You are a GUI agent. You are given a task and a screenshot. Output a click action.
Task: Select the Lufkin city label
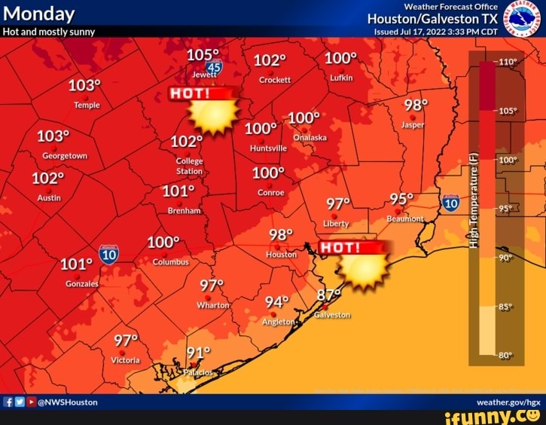(341, 78)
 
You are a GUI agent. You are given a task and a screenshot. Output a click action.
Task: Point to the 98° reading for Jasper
(416, 105)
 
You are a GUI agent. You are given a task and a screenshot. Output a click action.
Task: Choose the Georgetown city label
(65, 156)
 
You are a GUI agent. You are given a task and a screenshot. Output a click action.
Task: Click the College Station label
(189, 166)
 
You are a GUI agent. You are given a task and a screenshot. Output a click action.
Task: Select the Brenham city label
(184, 211)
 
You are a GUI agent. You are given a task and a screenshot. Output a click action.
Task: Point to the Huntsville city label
(268, 148)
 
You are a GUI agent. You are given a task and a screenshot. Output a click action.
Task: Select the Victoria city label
(125, 360)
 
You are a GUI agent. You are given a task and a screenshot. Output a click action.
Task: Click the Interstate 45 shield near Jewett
(215, 68)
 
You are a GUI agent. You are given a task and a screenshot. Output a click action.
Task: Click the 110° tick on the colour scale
(507, 62)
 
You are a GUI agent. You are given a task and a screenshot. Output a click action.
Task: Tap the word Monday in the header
(39, 14)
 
